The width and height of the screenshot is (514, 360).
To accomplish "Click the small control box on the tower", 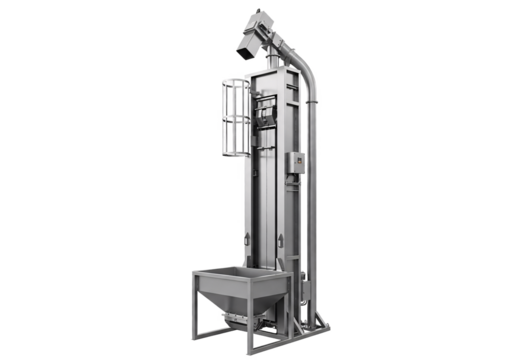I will (297, 164).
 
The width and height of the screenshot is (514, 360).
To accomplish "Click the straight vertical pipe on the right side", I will (314, 200).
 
